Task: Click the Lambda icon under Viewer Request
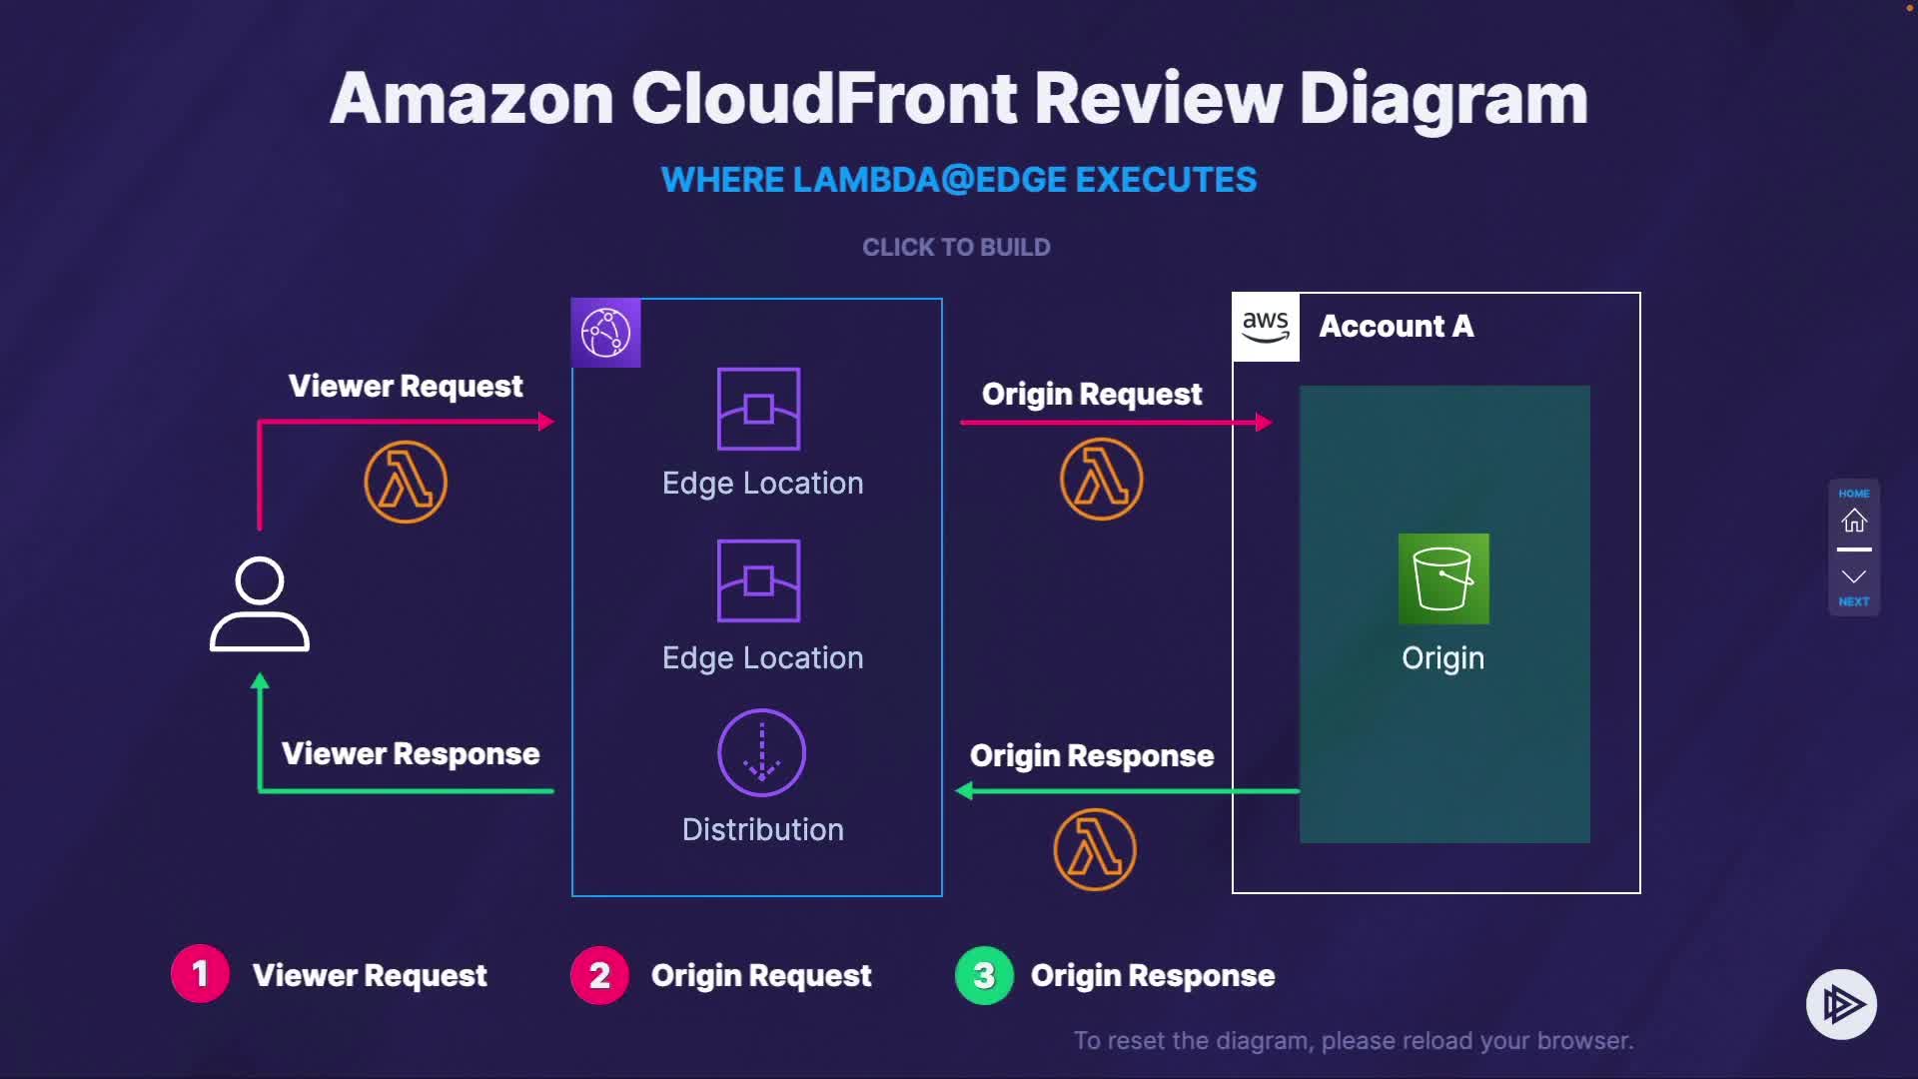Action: [x=406, y=482]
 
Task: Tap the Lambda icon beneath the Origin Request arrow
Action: [x=1101, y=480]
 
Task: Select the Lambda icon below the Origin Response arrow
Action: [x=1095, y=849]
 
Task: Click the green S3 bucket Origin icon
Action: [x=1443, y=578]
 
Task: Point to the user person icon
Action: [x=260, y=604]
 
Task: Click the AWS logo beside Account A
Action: [x=1266, y=327]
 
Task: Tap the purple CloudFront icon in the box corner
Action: [x=605, y=333]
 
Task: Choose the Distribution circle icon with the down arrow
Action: [x=761, y=752]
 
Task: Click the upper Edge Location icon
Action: [x=758, y=409]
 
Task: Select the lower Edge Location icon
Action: [x=758, y=580]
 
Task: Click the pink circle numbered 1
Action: [x=200, y=974]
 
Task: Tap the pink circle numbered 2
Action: [x=599, y=975]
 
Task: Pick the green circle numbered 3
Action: [x=984, y=975]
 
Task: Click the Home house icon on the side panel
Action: [x=1854, y=521]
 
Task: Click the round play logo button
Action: [x=1841, y=1004]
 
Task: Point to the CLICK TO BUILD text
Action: [x=956, y=247]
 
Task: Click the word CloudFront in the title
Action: [x=825, y=99]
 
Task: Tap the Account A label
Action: [x=1396, y=327]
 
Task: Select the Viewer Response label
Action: [x=411, y=753]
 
